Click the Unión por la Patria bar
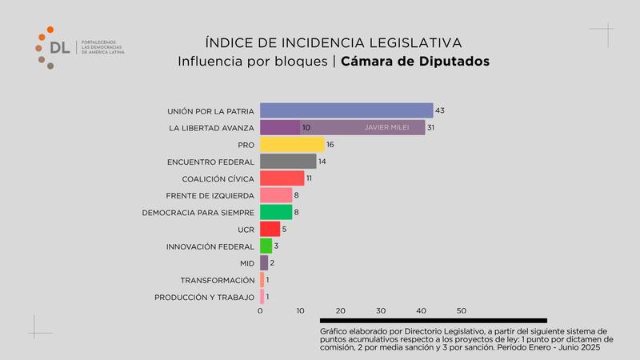tap(346, 110)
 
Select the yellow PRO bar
tap(292, 145)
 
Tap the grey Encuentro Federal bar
tap(288, 162)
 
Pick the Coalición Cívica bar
tap(282, 178)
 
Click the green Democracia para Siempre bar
tap(276, 212)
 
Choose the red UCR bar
tap(270, 229)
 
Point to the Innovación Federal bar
tap(266, 246)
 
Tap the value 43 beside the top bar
tap(439, 110)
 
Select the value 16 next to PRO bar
tap(330, 145)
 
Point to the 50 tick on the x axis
tap(462, 310)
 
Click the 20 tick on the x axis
tap(341, 310)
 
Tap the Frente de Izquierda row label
tap(210, 195)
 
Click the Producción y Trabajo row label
tap(204, 298)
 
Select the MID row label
tap(247, 263)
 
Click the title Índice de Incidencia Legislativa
tap(334, 42)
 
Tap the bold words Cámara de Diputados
tap(414, 61)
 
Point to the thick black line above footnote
tap(433, 321)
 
